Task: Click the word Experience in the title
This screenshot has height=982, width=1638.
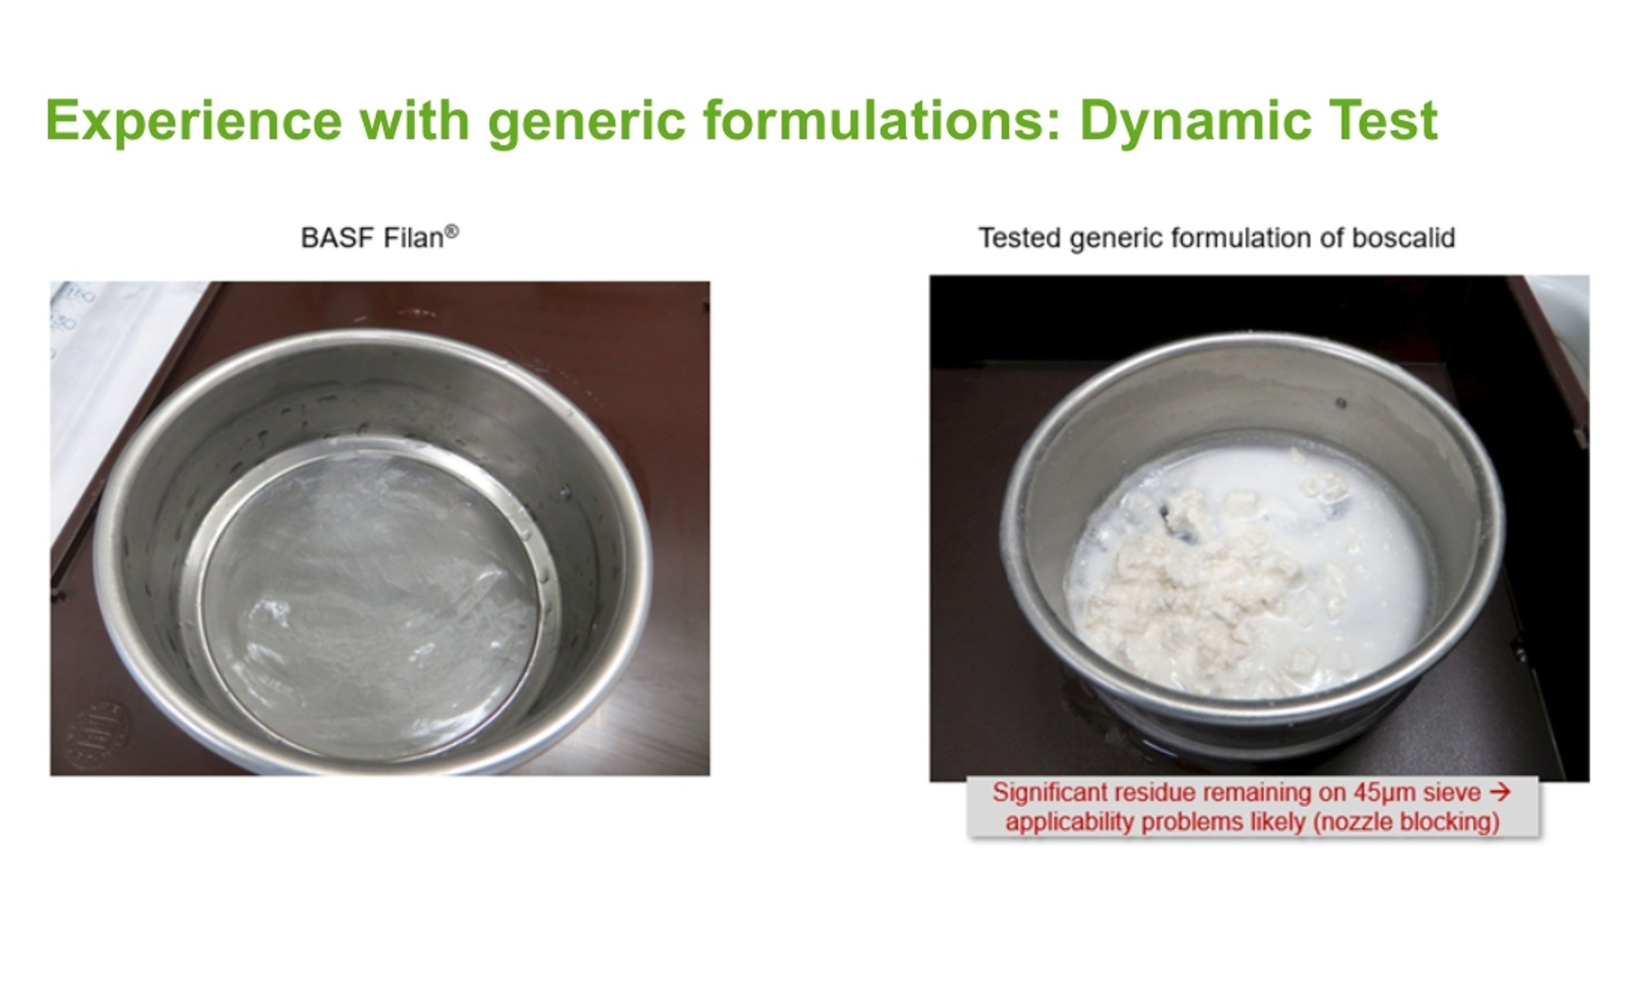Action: [x=193, y=121]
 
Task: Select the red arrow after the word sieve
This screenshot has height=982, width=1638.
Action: [x=1500, y=792]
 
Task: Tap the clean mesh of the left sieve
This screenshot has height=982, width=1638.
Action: [x=369, y=606]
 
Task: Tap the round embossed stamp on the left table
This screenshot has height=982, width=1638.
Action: [x=97, y=735]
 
